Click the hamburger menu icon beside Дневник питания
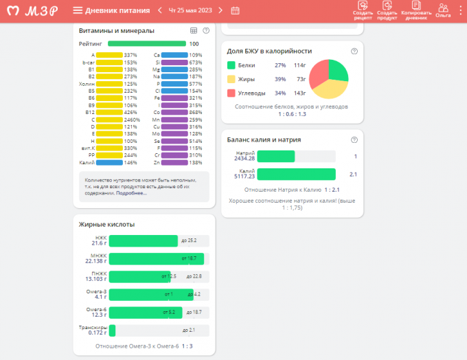(x=78, y=10)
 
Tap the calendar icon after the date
(x=235, y=10)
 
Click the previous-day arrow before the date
(x=160, y=10)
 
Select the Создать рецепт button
(x=363, y=10)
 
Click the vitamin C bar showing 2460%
(x=109, y=120)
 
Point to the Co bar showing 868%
(x=174, y=112)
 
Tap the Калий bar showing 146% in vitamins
(x=109, y=163)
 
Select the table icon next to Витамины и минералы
(x=193, y=31)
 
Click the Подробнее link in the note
(x=131, y=193)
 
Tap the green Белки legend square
(x=231, y=65)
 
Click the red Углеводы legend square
(x=231, y=93)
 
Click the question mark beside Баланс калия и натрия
(x=354, y=139)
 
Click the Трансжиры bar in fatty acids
(x=112, y=330)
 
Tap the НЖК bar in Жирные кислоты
(x=143, y=240)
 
